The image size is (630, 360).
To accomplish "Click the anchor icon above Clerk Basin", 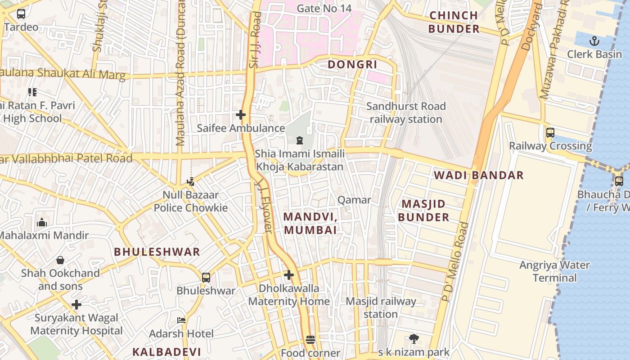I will tap(594, 41).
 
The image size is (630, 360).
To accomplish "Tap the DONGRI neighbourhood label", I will tap(352, 64).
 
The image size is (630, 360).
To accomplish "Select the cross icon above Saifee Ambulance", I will tap(241, 115).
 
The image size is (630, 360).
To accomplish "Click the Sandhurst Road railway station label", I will tap(406, 113).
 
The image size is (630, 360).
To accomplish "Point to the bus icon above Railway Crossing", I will tap(550, 133).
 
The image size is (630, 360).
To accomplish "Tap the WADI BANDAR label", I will tap(479, 175).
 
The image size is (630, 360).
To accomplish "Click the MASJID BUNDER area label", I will tap(423, 211).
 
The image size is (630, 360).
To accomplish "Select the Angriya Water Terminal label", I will tap(554, 271).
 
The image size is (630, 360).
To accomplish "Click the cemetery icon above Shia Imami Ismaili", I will tap(300, 140).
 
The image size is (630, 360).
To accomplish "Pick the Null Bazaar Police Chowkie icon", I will tap(190, 182).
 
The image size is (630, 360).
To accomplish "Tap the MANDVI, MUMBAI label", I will tap(310, 223).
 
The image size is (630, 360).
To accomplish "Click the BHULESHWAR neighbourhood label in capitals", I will tap(157, 252).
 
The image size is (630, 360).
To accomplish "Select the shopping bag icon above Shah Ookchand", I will tap(60, 260).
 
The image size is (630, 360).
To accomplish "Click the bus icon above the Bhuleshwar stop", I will tap(206, 277).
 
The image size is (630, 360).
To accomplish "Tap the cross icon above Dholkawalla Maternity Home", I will tap(289, 274).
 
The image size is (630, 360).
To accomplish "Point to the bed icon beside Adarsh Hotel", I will tap(181, 320).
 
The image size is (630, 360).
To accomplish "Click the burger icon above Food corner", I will tap(310, 340).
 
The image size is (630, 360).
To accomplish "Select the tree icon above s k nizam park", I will tap(414, 338).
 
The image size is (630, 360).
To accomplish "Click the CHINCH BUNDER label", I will tap(454, 22).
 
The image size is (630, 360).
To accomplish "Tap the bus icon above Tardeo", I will tap(21, 14).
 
